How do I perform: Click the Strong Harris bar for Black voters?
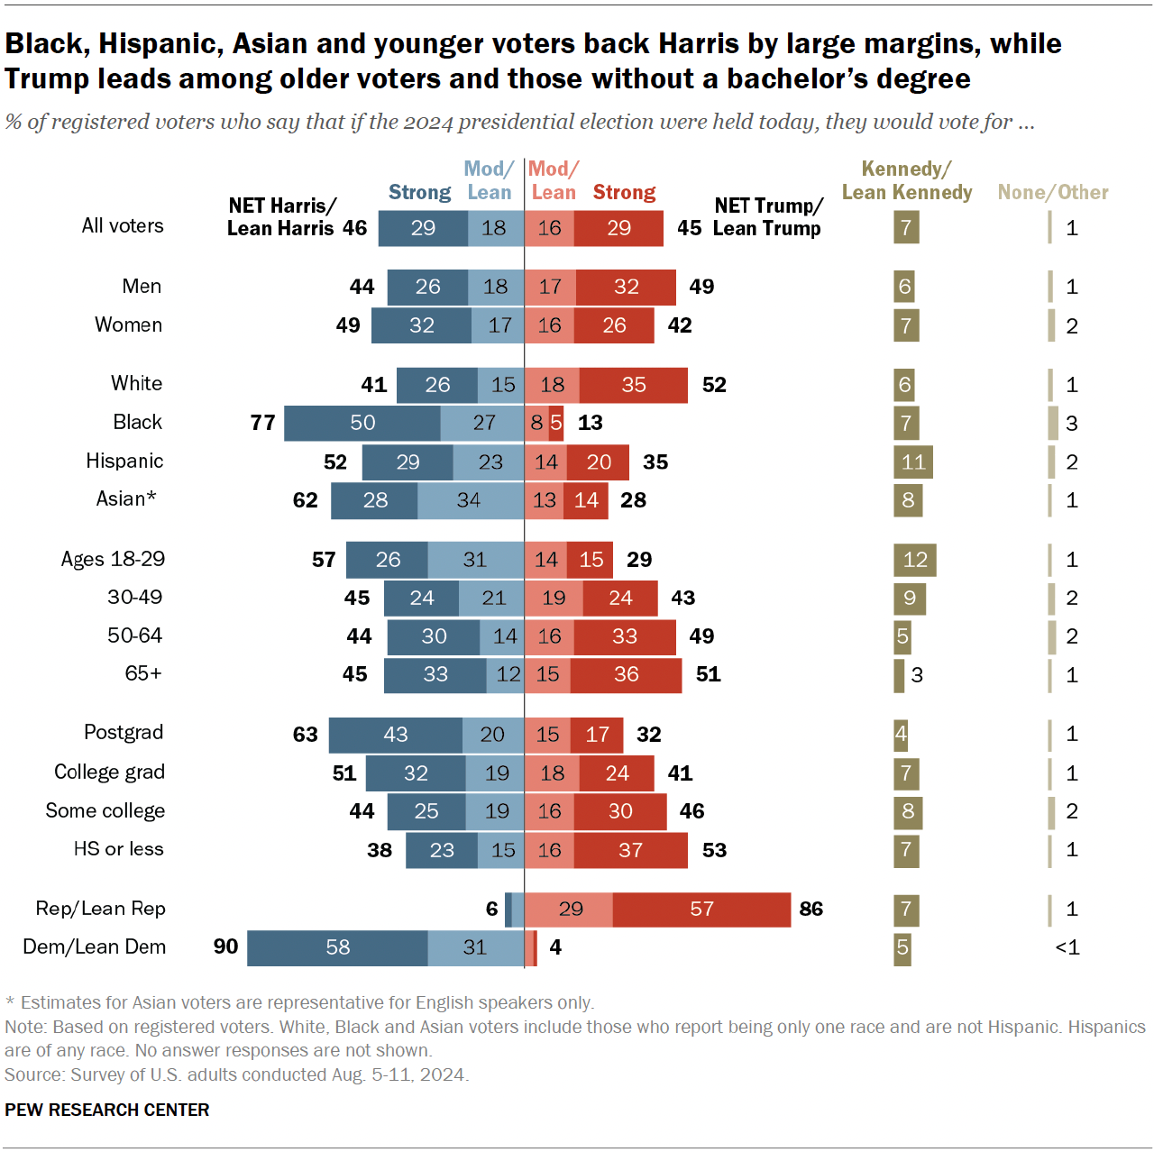pos(362,423)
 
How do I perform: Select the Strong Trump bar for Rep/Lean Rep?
pos(701,909)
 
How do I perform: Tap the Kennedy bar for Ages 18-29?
pos(914,560)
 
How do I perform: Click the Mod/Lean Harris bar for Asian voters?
pos(470,500)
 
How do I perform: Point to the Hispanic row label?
pos(124,462)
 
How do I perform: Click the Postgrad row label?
pos(124,733)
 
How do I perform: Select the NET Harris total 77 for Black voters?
pos(262,423)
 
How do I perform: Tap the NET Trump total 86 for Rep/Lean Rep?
pos(811,909)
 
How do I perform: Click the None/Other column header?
pos(1052,192)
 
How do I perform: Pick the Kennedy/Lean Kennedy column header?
pos(906,180)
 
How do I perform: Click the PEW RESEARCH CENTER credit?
pos(106,1110)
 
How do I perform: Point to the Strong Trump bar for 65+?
pos(626,675)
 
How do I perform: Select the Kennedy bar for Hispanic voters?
pos(912,462)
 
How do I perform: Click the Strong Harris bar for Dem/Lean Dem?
pos(337,947)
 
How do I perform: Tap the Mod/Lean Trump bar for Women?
pos(549,325)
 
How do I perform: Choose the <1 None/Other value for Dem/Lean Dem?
pos(1067,947)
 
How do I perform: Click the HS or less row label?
pos(118,849)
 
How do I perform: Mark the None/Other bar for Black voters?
pos(1053,423)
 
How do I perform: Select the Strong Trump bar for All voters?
pos(618,228)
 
